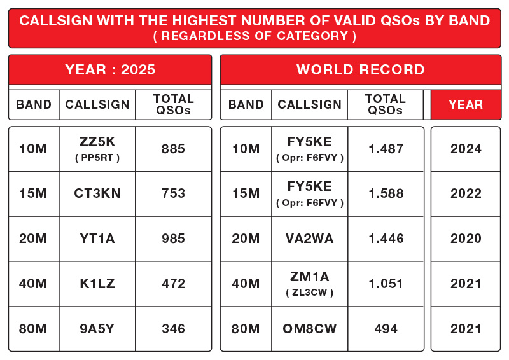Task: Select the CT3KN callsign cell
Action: click(97, 194)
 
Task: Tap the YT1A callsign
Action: click(97, 239)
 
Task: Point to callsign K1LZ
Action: click(97, 284)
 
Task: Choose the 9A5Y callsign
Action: click(97, 329)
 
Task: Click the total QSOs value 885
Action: click(173, 149)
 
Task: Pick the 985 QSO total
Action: click(173, 239)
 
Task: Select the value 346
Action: click(173, 329)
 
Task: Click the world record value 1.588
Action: click(386, 194)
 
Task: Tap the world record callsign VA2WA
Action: click(310, 239)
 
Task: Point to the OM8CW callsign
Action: click(310, 329)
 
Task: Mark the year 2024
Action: click(466, 149)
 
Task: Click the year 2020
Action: click(466, 239)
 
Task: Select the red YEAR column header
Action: click(466, 105)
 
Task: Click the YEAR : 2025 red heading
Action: click(110, 70)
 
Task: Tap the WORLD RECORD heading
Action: click(360, 70)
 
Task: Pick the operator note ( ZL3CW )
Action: click(310, 293)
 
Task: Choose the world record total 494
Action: click(386, 329)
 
